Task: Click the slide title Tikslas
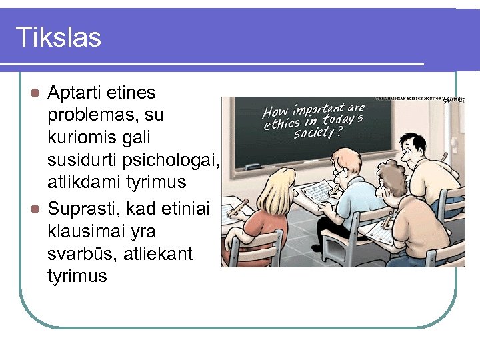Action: click(58, 37)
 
